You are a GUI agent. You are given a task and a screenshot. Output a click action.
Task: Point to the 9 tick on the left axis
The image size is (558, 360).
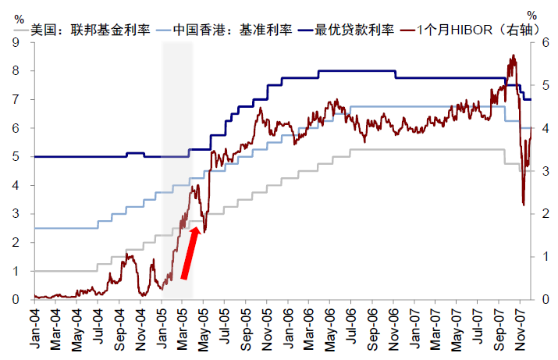[x=16, y=42]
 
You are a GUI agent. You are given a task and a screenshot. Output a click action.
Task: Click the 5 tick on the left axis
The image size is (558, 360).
[x=16, y=157]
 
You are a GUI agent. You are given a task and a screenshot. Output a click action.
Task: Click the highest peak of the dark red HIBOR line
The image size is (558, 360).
[x=513, y=55]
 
